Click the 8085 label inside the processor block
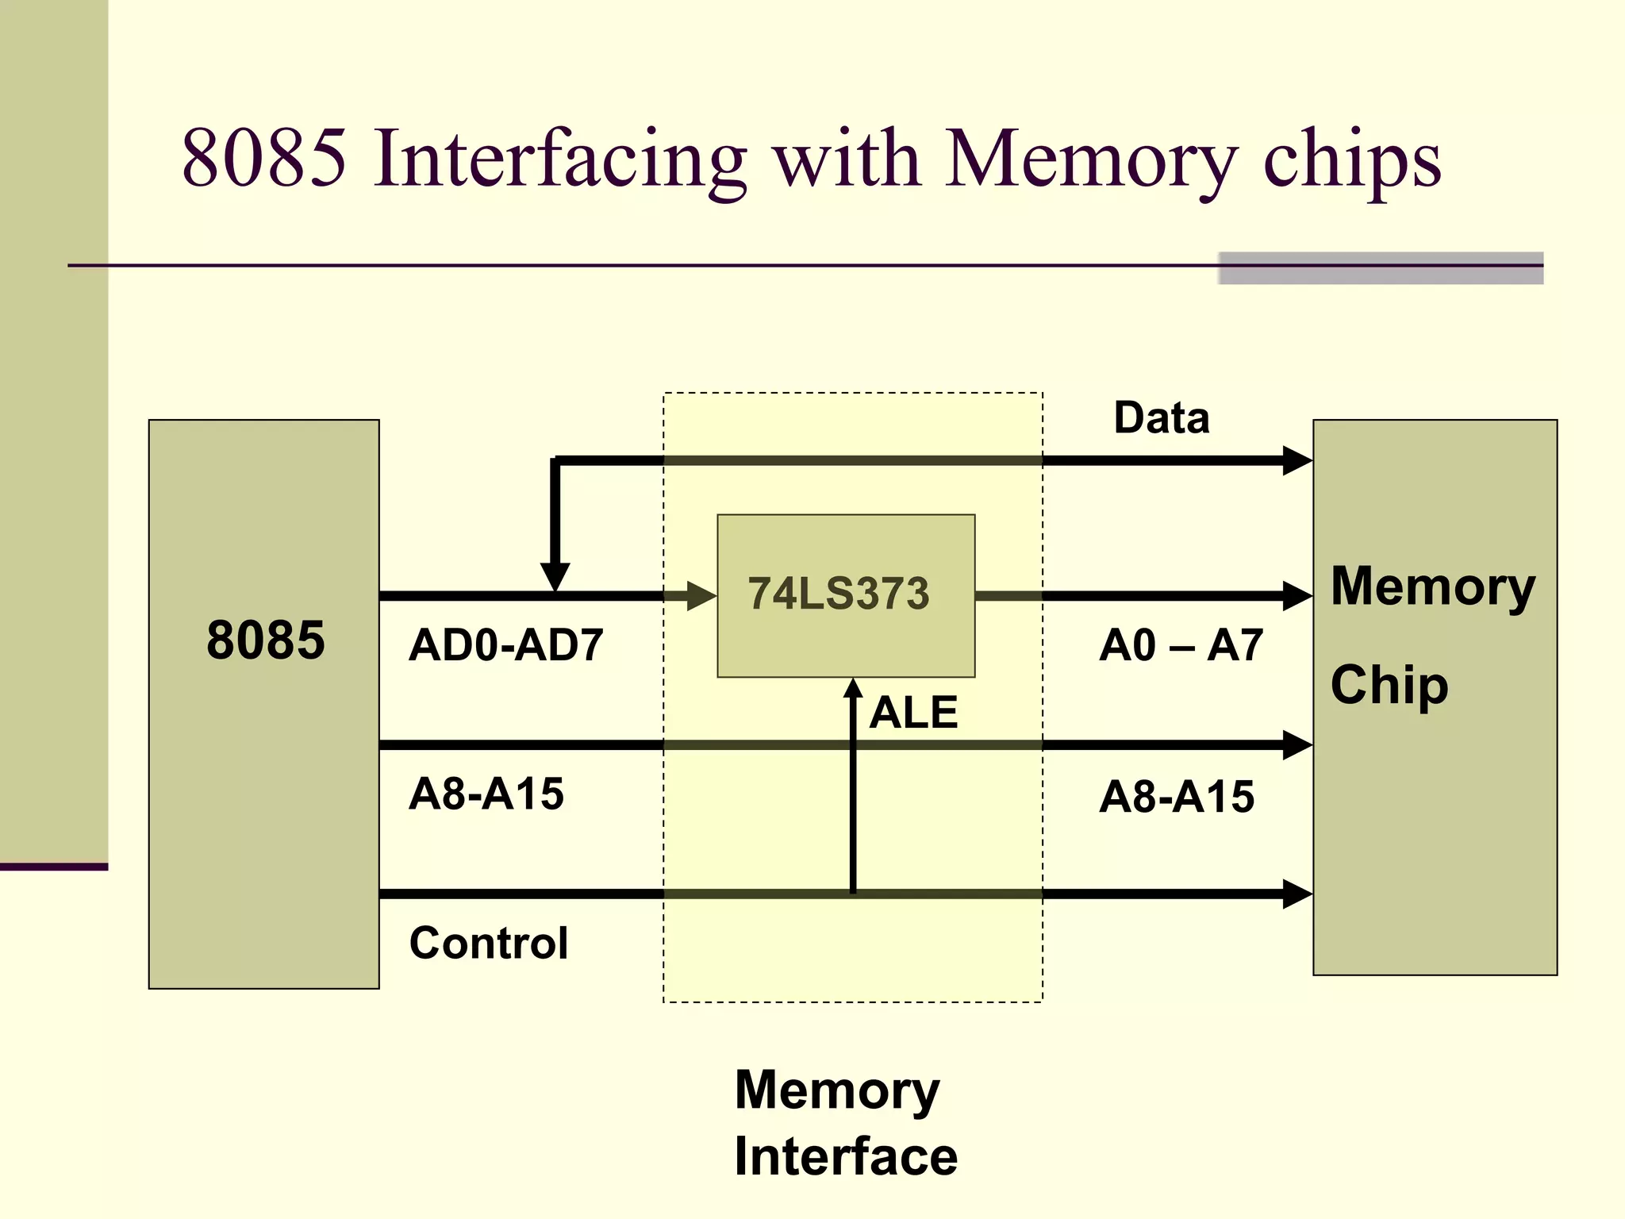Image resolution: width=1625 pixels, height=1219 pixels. tap(265, 640)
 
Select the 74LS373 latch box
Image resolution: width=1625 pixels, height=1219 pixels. tap(846, 595)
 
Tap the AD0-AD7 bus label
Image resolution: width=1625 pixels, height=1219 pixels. tap(505, 644)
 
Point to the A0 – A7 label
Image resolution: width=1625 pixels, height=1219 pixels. tap(1180, 644)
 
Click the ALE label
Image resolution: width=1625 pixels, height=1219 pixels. tap(912, 712)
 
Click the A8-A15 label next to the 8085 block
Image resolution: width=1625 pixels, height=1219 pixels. tap(486, 794)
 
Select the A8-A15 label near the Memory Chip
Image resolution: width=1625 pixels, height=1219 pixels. tap(1176, 796)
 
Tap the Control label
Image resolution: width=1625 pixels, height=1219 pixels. tap(488, 943)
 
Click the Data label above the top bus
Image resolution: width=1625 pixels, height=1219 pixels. tap(1161, 417)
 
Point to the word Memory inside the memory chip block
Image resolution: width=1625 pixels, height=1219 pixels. tap(1432, 587)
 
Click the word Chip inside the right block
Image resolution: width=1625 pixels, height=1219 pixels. tap(1389, 685)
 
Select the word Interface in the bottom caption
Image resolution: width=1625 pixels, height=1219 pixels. tap(845, 1156)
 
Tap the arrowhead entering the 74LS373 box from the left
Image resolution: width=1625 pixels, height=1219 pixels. tap(701, 595)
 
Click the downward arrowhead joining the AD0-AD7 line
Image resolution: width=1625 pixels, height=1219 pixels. tap(555, 575)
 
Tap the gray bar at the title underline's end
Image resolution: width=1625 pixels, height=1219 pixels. tap(1380, 268)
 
